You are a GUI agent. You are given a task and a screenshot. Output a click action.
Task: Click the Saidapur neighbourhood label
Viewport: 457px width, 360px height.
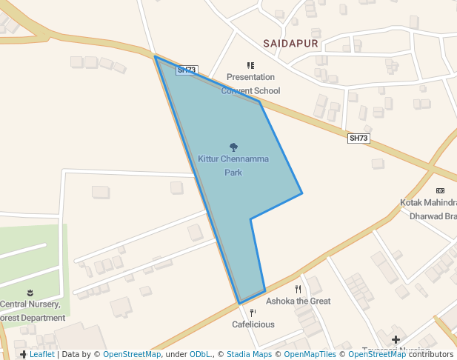coord(290,44)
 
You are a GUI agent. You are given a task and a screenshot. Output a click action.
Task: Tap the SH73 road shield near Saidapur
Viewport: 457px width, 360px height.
coord(187,70)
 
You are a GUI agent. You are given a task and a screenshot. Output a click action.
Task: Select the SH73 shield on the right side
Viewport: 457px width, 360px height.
coord(358,139)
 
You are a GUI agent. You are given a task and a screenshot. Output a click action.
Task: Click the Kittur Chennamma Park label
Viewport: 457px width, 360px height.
coord(233,165)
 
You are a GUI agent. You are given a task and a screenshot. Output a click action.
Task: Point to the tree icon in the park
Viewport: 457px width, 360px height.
coord(233,147)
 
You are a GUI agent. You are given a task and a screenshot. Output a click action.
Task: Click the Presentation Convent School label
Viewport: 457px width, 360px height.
coord(250,84)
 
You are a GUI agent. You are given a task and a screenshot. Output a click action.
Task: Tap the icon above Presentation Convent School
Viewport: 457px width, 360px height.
coord(250,66)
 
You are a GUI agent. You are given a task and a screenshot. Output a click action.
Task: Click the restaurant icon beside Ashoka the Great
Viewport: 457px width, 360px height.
coord(298,289)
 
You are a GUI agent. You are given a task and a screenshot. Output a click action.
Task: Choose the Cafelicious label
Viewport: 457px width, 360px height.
coord(253,324)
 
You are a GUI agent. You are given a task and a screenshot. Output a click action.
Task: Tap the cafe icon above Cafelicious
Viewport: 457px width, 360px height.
coord(253,313)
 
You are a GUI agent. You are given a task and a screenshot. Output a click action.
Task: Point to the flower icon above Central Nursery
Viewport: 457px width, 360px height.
coord(30,293)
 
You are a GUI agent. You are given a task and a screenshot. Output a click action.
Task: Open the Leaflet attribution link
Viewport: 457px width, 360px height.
coord(41,354)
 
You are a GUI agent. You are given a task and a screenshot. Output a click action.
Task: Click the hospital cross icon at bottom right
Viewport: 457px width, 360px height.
coord(396,339)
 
